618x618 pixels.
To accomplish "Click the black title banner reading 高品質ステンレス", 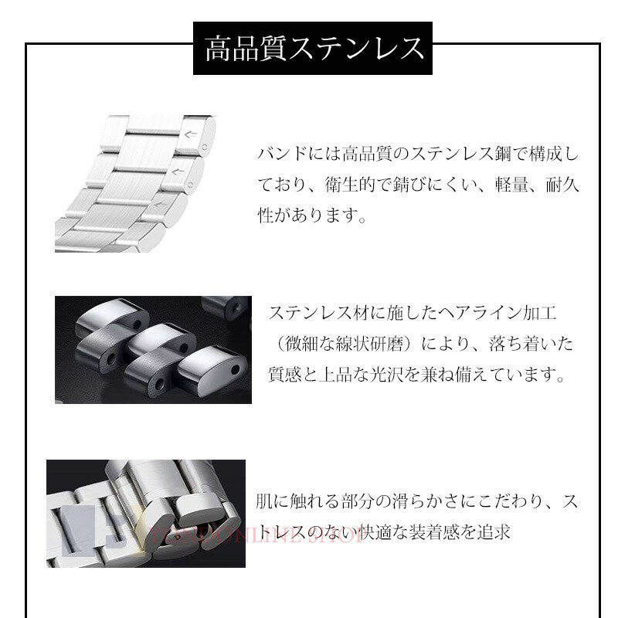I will click(313, 48).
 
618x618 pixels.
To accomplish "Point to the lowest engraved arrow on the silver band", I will click(160, 204).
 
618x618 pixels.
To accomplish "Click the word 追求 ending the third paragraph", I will click(494, 533).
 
